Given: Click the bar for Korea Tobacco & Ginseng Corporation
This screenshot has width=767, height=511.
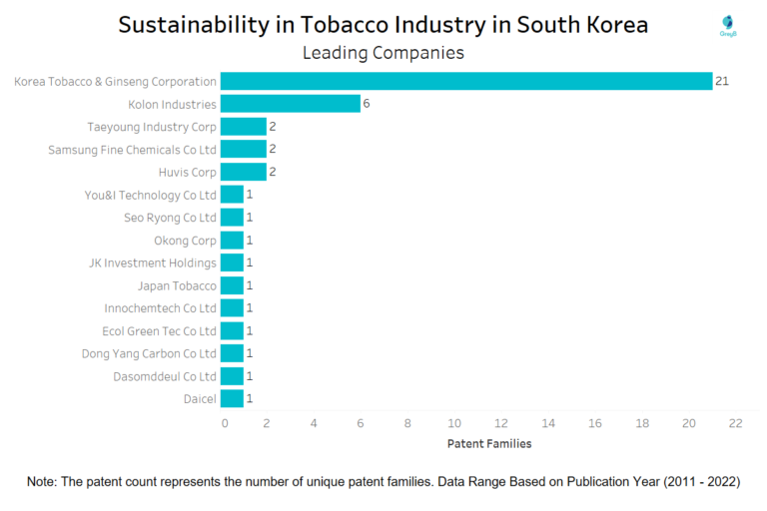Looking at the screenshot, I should (465, 81).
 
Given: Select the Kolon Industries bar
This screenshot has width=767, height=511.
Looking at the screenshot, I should (290, 104).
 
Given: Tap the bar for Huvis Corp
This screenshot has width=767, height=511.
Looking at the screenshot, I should (243, 172).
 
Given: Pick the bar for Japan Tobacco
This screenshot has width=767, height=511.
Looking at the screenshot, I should (232, 285).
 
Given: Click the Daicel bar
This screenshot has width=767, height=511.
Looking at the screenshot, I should (232, 398).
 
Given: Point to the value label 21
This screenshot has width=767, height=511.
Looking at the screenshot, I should (721, 81).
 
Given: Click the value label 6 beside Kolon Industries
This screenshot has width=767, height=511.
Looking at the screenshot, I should (367, 104).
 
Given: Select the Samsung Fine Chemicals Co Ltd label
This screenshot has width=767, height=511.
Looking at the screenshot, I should (132, 150).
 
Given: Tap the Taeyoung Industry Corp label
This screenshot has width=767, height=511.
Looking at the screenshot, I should (152, 127).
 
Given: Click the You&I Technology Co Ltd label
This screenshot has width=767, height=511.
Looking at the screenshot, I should (150, 195).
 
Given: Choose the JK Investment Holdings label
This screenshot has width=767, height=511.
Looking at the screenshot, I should (153, 262).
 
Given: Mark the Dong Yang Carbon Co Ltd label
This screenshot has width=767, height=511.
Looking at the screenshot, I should (149, 353).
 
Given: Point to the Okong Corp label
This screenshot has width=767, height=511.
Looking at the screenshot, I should (185, 241).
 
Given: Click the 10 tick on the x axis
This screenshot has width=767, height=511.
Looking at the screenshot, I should (454, 423).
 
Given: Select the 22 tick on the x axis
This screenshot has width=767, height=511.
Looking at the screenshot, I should (735, 423).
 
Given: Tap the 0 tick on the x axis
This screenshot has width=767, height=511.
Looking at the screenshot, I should (225, 423).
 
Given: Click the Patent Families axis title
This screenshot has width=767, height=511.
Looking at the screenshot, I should (489, 443).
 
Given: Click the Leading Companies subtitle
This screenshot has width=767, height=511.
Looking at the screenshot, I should (383, 53).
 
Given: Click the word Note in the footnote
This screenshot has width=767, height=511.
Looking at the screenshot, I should (42, 482).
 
